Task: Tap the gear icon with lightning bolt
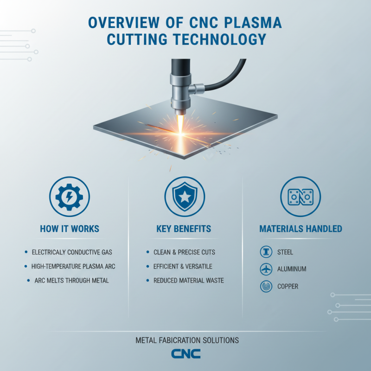pos(69,197)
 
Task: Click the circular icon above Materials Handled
pos(301,197)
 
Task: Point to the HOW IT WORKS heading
pos(69,229)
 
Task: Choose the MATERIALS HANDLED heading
pos(301,229)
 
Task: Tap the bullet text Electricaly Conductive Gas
pos(71,252)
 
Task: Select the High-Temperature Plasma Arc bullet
pos(73,266)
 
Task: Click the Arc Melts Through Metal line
pos(71,281)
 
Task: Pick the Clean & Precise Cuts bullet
pos(184,252)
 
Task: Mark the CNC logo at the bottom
pos(185,354)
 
